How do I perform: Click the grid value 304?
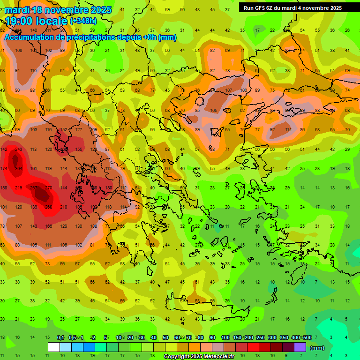coord(19,169)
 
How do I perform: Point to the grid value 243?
coord(19,150)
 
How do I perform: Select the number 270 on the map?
coord(48,188)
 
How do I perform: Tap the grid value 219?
coord(19,188)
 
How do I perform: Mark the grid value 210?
coord(64,207)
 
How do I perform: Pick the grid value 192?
coord(93,207)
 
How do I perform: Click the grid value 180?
coord(108,188)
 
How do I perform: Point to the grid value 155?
coord(79,150)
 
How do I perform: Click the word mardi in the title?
coord(19,10)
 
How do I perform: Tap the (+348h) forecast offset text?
coord(83,21)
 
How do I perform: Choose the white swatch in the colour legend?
coord(53,347)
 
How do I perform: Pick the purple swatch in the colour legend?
coord(300,347)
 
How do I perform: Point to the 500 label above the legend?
coord(307,338)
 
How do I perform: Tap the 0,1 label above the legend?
coord(60,338)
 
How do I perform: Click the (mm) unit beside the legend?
coord(317,348)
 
